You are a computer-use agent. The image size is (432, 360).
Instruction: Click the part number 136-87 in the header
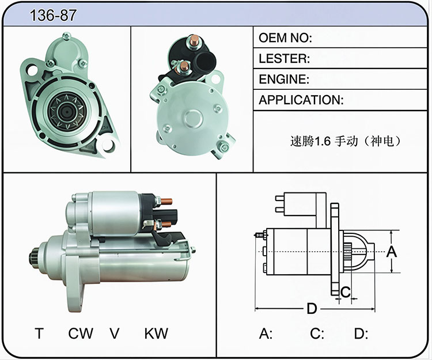(x=53, y=15)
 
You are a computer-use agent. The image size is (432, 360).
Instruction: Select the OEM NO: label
(x=285, y=38)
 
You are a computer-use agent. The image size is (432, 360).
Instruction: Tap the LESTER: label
(x=284, y=58)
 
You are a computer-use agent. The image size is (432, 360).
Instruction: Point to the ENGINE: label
(x=284, y=79)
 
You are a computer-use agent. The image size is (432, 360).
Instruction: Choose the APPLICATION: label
(x=301, y=100)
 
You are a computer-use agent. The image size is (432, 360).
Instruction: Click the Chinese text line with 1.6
(x=346, y=141)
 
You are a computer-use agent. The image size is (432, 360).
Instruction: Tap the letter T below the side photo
(x=39, y=334)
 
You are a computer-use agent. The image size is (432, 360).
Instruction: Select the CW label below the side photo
(x=81, y=334)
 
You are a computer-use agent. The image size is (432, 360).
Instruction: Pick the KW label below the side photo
(x=156, y=334)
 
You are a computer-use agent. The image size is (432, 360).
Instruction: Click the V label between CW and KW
(x=115, y=334)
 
